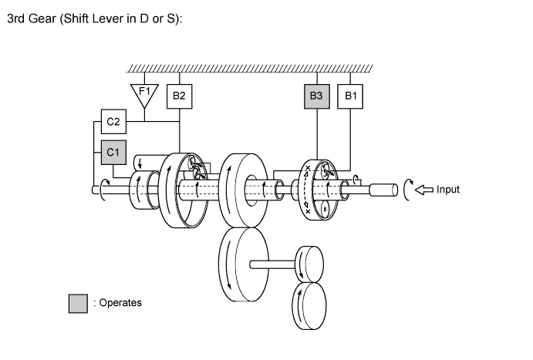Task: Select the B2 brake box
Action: tap(179, 96)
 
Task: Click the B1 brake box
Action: tap(352, 96)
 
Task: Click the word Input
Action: tap(447, 189)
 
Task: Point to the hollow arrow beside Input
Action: tap(423, 189)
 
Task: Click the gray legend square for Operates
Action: tap(78, 303)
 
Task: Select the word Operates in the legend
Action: tap(118, 303)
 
